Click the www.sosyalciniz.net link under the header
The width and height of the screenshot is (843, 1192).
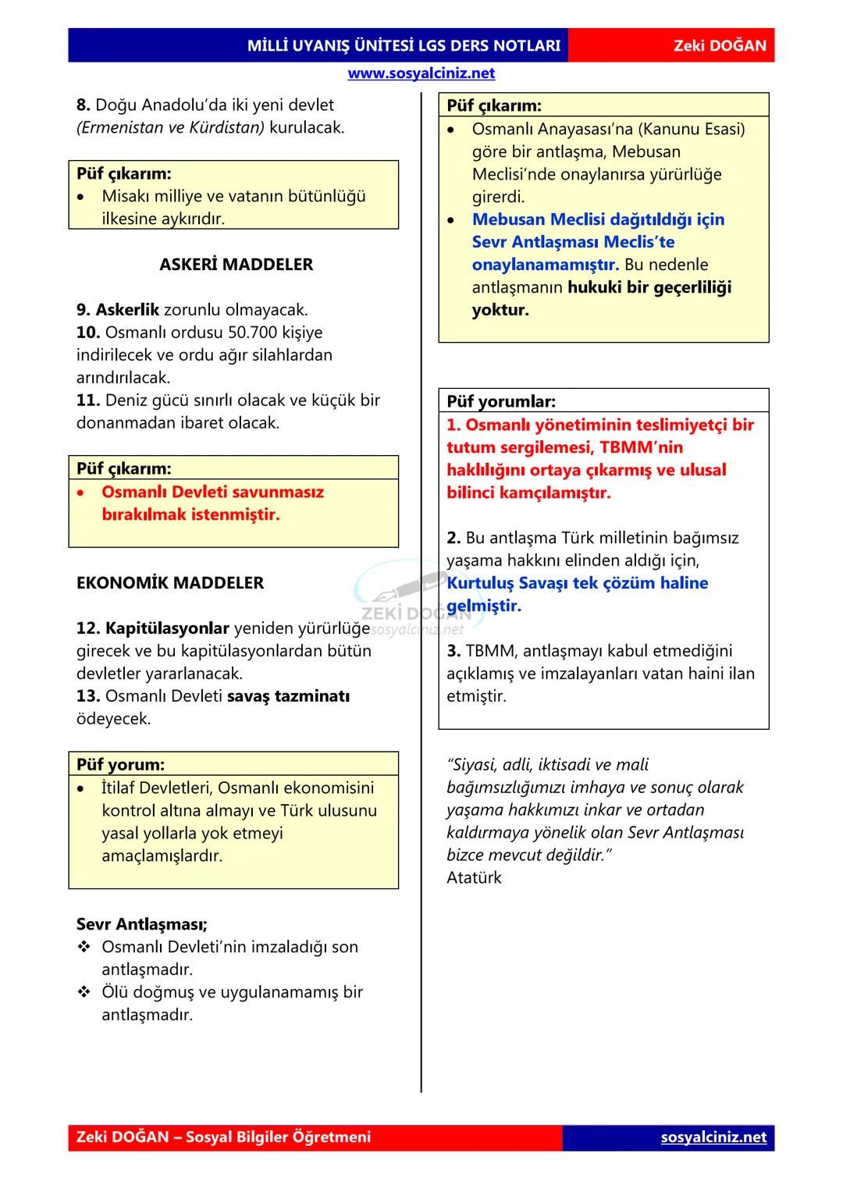pyautogui.click(x=421, y=73)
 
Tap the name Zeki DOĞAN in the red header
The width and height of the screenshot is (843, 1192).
pyautogui.click(x=720, y=46)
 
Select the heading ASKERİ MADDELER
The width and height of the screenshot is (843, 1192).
pyautogui.click(x=236, y=265)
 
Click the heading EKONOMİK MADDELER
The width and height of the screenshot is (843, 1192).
pyautogui.click(x=170, y=583)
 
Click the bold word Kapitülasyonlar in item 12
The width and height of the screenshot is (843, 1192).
pyautogui.click(x=167, y=628)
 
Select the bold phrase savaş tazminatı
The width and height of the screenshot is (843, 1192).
pyautogui.click(x=288, y=696)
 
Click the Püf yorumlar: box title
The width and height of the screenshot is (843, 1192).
pyautogui.click(x=501, y=402)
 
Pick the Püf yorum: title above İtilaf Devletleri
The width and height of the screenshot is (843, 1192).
pyautogui.click(x=121, y=765)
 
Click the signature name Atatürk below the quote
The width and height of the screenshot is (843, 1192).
pyautogui.click(x=474, y=877)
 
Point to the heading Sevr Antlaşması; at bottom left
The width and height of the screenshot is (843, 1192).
pyautogui.click(x=142, y=925)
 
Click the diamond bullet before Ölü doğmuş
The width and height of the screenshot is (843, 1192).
pyautogui.click(x=84, y=993)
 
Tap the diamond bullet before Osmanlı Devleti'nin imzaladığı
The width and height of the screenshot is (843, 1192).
pyautogui.click(x=84, y=948)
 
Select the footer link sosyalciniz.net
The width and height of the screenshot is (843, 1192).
pyautogui.click(x=713, y=1137)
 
